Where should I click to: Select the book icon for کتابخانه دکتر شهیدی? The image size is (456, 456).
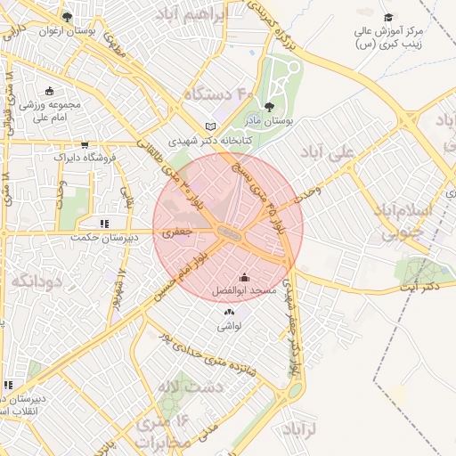click(210, 126)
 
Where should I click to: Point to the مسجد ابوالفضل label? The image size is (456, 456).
click(244, 290)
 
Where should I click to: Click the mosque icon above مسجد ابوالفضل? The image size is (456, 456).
click(244, 278)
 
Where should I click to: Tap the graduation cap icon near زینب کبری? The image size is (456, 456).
click(387, 18)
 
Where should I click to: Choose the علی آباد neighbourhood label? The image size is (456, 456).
click(329, 152)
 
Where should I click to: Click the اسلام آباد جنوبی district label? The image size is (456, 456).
click(417, 222)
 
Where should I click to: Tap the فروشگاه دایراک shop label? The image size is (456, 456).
click(84, 157)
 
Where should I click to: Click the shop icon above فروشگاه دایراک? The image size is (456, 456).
click(85, 144)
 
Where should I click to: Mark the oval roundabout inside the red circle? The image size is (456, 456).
click(229, 233)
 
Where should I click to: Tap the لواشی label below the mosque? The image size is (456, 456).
click(229, 326)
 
